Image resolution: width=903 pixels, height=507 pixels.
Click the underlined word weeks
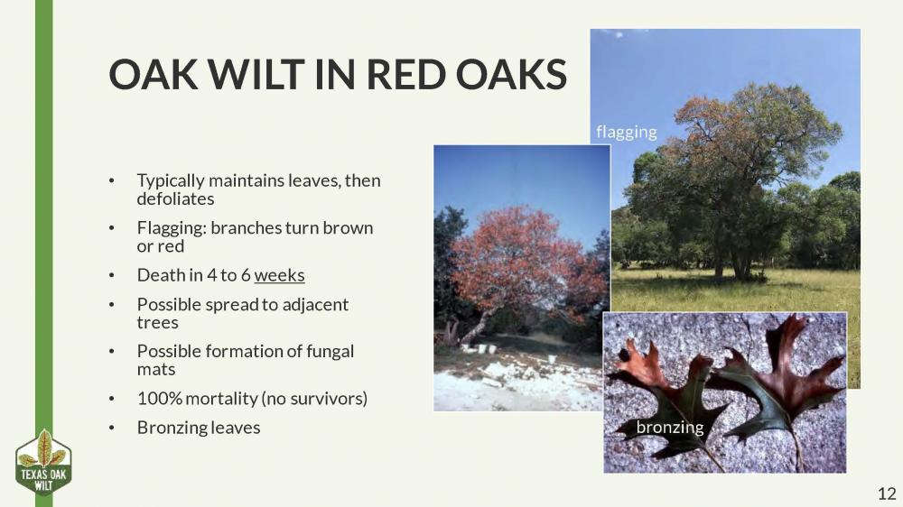point(280,275)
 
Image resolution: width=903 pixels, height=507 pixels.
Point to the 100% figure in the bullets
point(157,398)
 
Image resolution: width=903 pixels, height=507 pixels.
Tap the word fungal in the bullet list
point(330,351)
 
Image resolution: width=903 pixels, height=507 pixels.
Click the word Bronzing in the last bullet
point(173,428)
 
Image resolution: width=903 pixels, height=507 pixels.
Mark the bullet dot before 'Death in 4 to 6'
point(111,276)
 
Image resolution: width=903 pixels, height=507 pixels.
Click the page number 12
point(886,493)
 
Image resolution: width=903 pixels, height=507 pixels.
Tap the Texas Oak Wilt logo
point(43,463)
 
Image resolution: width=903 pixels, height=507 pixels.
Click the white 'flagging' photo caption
point(627,132)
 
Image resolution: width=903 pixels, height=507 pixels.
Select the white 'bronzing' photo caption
point(669,428)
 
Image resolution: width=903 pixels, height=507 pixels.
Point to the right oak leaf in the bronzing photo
point(777,379)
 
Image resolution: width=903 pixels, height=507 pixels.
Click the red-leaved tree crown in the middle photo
point(524,257)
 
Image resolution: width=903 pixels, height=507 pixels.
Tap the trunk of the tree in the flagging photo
point(740,262)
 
